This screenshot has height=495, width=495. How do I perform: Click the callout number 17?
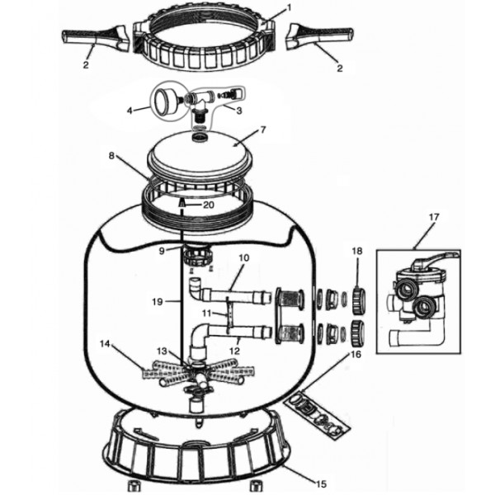(434, 217)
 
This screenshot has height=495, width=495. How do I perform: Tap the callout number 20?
(209, 205)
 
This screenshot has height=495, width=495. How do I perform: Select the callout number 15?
(321, 483)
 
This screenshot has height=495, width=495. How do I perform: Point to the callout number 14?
(105, 343)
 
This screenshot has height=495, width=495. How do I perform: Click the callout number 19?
(158, 302)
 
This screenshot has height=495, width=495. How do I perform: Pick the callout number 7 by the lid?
(263, 130)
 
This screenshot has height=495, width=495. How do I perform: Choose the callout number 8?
(111, 156)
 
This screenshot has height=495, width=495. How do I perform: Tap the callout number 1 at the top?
(288, 8)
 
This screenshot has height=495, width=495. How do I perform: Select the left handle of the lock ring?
(97, 37)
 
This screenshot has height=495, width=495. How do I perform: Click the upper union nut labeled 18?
(359, 300)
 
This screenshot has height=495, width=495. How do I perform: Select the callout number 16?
(356, 355)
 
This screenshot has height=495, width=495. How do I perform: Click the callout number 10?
(243, 258)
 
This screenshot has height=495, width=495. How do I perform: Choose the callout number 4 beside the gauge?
(130, 111)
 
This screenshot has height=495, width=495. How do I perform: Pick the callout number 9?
(162, 252)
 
